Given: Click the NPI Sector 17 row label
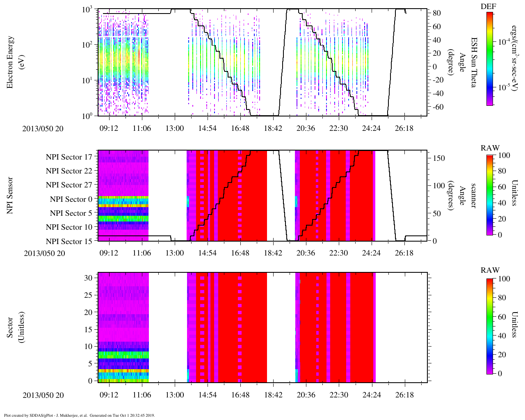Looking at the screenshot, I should [x=69, y=157].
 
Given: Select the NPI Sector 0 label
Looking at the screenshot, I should [x=71, y=199].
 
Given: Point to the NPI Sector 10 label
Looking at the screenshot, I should [x=69, y=227].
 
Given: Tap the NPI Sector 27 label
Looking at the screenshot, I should [x=69, y=185].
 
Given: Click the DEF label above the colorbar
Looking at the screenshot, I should [x=488, y=6].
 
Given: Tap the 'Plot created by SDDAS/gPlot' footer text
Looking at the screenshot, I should [x=79, y=415].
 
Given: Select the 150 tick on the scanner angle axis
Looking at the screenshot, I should [x=439, y=158].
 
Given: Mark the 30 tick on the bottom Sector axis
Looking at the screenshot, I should [x=88, y=278].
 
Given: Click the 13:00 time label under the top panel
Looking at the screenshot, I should [x=174, y=128].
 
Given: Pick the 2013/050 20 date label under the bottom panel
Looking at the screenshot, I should [x=43, y=395].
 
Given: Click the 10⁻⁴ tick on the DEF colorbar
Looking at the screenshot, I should [x=504, y=42].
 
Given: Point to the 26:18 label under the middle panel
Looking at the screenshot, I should [x=404, y=253].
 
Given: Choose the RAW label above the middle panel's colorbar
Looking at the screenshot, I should [x=490, y=148].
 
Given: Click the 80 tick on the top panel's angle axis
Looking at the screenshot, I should [x=436, y=13].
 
